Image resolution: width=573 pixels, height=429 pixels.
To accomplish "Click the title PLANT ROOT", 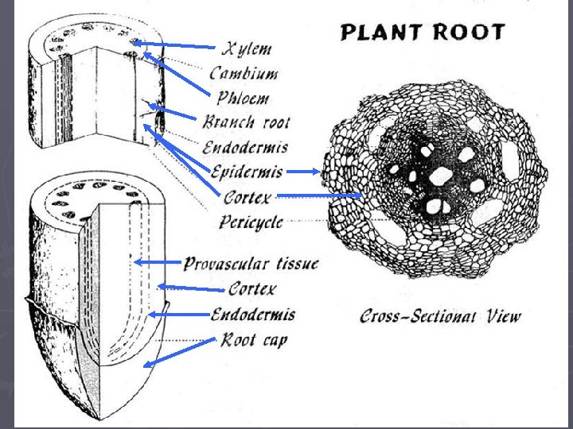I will point(423,33).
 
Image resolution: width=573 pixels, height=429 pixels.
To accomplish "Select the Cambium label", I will point(244,73).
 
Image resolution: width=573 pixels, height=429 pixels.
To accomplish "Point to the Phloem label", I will point(243,99).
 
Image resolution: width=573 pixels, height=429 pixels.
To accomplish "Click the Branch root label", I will point(246,122).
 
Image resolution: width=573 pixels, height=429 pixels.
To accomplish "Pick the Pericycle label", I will point(251,222).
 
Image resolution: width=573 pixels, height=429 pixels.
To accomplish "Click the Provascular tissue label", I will point(251,263).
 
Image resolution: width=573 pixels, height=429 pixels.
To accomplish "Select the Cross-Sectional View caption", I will point(441,315).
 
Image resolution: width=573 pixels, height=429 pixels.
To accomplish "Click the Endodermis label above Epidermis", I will point(245,147).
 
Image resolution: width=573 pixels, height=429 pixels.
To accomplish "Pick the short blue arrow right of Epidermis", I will point(302,171).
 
